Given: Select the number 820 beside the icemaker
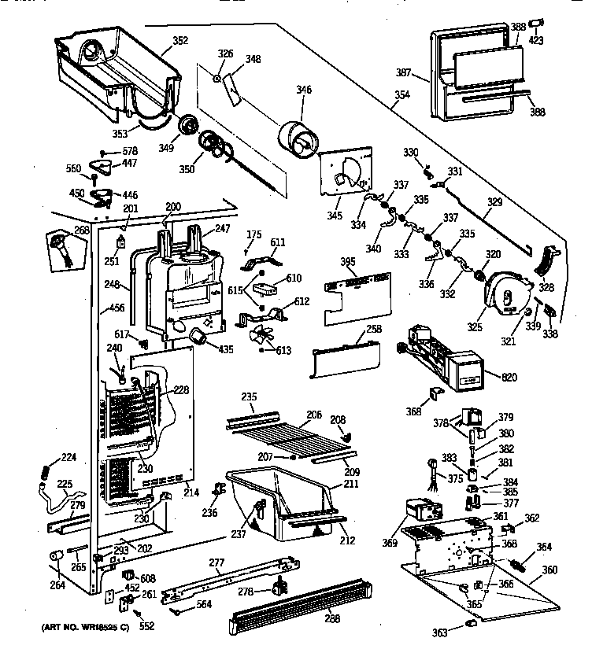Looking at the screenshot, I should tap(509, 378).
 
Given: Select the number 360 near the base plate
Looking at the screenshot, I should tap(550, 570).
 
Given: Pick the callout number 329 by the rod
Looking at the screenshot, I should tap(494, 203).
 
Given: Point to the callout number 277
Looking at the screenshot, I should tap(218, 563).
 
